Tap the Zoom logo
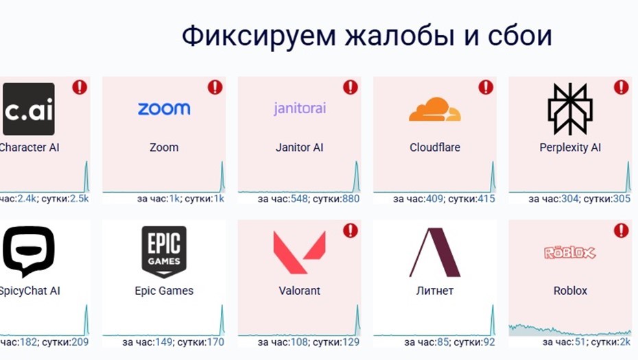[x=164, y=109]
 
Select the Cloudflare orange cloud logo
[x=435, y=110]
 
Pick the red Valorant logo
[x=299, y=252]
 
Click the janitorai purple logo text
[x=299, y=109]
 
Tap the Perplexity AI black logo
[x=569, y=109]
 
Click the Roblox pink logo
[x=569, y=253]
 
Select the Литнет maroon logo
[x=435, y=252]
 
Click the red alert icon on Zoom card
[x=215, y=87]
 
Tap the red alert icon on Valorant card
[x=350, y=230]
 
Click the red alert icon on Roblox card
[x=621, y=230]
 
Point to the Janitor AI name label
[x=299, y=147]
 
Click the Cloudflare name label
[x=435, y=147]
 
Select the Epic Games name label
[x=164, y=291]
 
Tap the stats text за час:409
[x=418, y=199]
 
